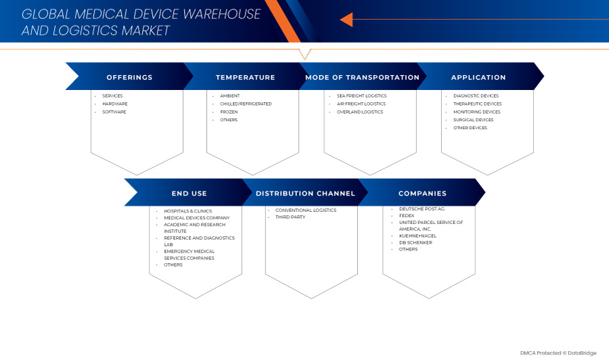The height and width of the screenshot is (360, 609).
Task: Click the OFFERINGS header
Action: [129, 77]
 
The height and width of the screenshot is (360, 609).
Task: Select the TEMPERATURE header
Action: [245, 77]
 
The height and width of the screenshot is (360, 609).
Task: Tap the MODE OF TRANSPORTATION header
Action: [362, 77]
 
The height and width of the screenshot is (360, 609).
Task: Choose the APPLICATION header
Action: [478, 77]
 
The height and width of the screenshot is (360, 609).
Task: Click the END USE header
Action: [189, 194]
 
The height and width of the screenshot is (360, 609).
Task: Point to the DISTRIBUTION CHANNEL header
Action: [305, 194]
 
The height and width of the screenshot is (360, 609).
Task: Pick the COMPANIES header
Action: [422, 194]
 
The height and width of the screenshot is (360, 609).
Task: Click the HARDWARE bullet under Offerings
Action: [114, 104]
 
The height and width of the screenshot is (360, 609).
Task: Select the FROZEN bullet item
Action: [229, 112]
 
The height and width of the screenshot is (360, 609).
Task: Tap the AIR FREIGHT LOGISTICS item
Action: [361, 104]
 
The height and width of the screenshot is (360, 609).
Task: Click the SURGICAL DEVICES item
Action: [473, 120]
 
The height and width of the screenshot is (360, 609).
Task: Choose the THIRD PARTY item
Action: [290, 217]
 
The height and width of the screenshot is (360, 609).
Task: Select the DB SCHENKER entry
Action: [415, 242]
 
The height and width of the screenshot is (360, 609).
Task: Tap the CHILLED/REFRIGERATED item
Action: [246, 104]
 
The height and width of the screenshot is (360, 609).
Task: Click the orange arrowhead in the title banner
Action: [346, 20]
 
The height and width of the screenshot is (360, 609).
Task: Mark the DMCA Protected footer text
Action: [558, 353]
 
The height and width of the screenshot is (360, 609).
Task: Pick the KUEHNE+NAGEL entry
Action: [418, 235]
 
